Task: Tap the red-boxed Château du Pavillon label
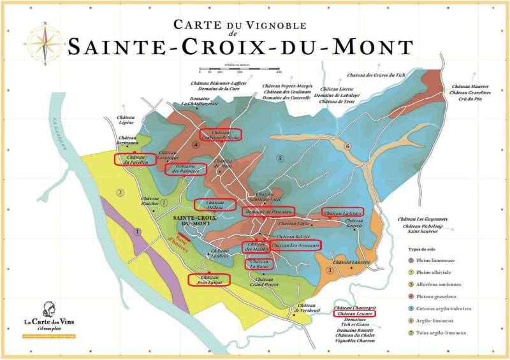[x=134, y=159]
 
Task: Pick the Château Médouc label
[x=215, y=204]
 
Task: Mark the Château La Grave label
[x=343, y=212]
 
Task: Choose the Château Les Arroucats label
[x=295, y=245]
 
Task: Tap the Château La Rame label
[x=259, y=264]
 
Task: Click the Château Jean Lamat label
[x=209, y=278]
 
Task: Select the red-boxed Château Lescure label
[x=354, y=313]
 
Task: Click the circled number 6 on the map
[x=347, y=146]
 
